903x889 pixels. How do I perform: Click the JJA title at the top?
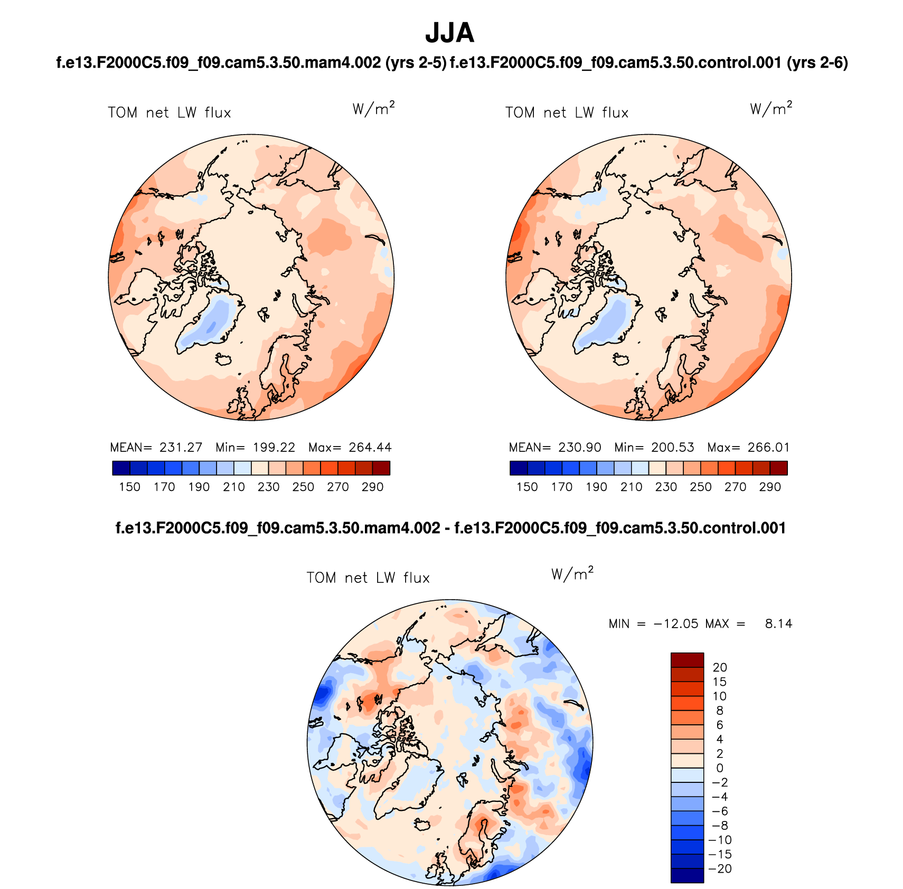449,33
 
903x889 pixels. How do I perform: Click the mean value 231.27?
181,448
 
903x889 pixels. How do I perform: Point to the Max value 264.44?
370,448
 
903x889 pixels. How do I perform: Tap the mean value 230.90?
579,448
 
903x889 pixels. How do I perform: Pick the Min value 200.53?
672,448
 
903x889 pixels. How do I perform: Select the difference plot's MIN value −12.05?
676,624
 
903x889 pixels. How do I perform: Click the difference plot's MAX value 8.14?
778,624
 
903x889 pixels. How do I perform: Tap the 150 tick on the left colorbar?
129,487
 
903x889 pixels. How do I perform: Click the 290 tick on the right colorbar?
770,487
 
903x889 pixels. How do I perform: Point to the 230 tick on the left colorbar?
268,487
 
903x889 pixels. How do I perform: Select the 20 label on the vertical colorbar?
720,668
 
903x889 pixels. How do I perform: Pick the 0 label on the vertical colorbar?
720,769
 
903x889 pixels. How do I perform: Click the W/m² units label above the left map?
373,109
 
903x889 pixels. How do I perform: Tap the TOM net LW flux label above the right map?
567,112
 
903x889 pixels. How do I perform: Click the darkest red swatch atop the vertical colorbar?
687,660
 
